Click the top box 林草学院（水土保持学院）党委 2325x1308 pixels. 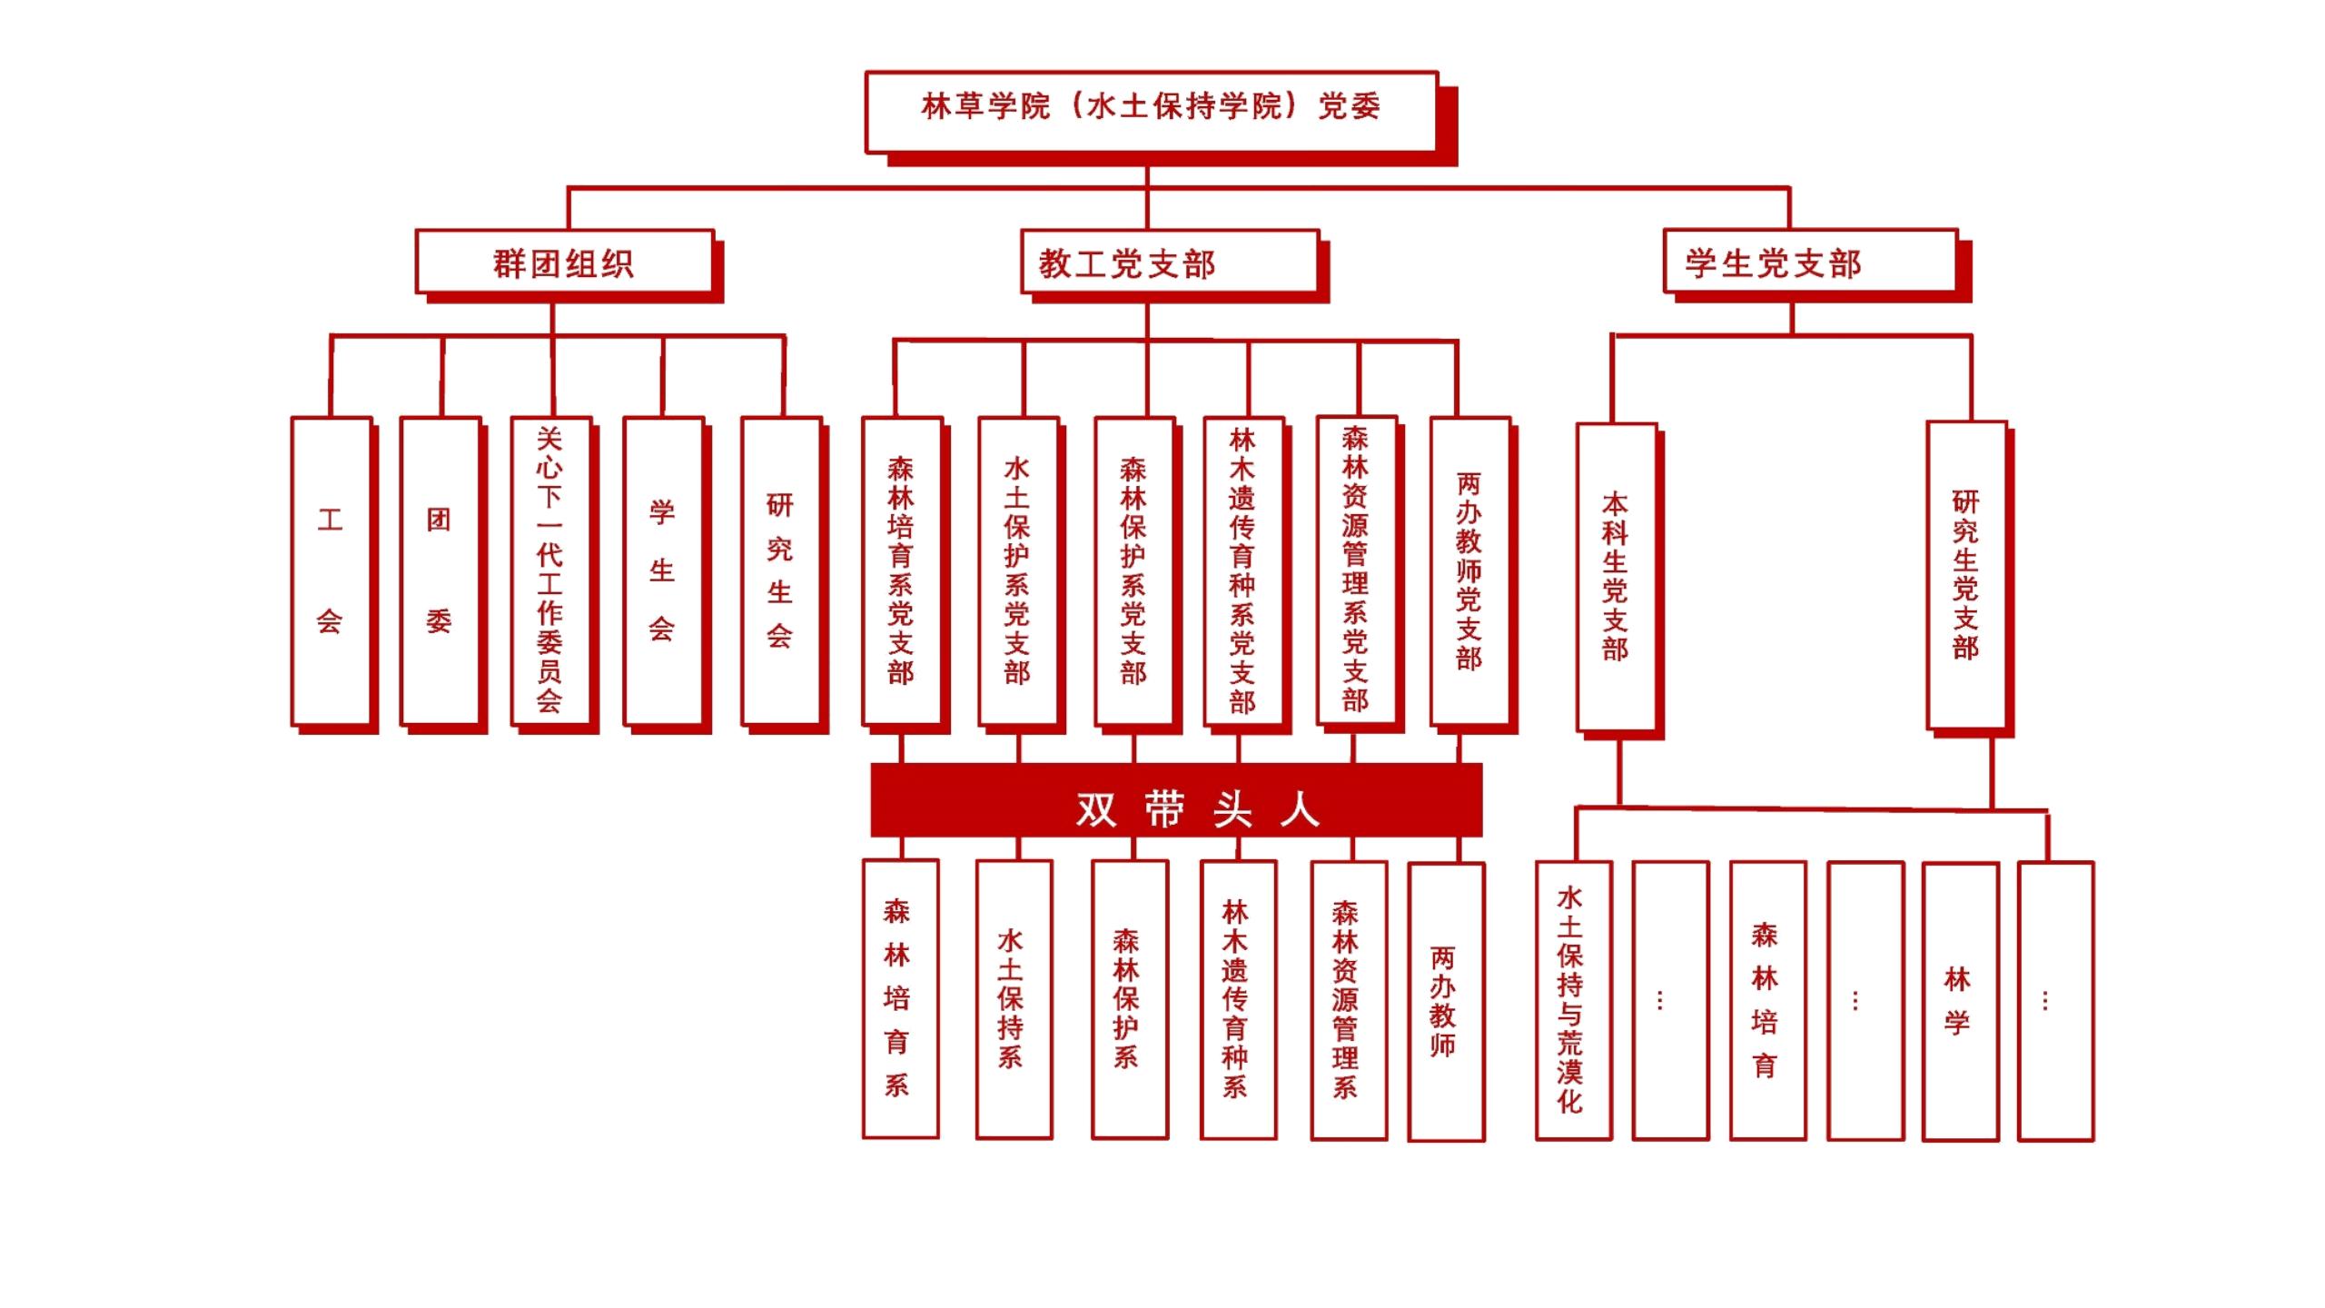coord(1151,111)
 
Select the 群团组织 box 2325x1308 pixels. coord(564,262)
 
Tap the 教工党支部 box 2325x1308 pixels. coord(1169,262)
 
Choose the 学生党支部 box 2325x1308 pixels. coord(1809,262)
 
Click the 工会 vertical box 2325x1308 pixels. coord(331,570)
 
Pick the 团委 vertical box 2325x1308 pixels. coord(440,570)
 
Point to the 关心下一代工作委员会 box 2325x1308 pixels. coord(550,570)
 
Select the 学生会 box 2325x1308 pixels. coord(663,570)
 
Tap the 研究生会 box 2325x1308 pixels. coord(780,570)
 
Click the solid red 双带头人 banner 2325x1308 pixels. coord(1176,800)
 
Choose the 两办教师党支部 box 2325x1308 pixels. coord(1469,570)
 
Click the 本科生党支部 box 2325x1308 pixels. coord(1616,577)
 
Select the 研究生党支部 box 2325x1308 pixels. coord(1965,574)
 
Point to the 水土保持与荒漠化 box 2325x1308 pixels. coord(1573,1000)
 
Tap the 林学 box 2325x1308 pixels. coord(1960,1000)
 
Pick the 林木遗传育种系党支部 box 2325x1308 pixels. coord(1242,570)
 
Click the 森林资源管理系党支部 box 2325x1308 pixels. coord(1356,570)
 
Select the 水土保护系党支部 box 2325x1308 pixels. coord(1018,570)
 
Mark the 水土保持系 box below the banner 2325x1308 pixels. coord(1014,999)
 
